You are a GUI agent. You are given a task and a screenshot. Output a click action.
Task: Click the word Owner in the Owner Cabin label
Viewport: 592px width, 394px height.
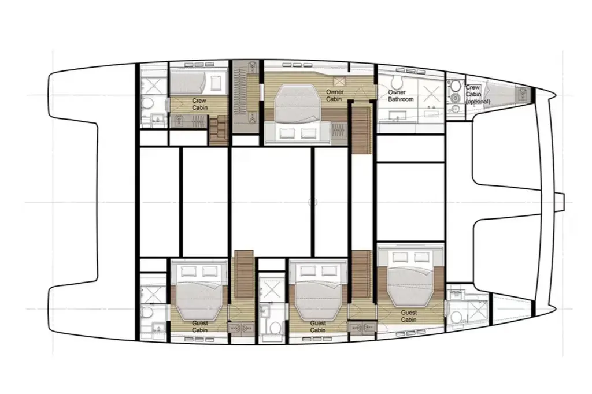(335, 92)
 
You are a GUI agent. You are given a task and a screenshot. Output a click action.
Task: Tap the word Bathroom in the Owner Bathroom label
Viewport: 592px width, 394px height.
(401, 99)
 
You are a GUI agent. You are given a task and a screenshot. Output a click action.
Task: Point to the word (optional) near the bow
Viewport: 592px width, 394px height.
(478, 101)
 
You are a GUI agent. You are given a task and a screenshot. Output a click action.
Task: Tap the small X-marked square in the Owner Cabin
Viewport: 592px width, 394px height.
(339, 81)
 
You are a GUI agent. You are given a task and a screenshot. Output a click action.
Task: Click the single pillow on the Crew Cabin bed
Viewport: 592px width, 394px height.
(216, 82)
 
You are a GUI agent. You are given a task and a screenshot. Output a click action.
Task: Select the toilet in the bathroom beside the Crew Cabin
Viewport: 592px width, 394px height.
(148, 103)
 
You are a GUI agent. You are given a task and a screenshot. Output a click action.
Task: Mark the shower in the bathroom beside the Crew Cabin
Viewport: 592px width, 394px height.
(153, 84)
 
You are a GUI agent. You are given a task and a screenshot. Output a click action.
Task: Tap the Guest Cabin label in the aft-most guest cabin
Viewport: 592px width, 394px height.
(199, 326)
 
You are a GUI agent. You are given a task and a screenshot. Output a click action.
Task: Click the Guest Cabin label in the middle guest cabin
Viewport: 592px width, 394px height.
(318, 326)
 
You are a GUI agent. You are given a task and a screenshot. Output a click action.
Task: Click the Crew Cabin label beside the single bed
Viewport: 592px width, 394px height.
(199, 104)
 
